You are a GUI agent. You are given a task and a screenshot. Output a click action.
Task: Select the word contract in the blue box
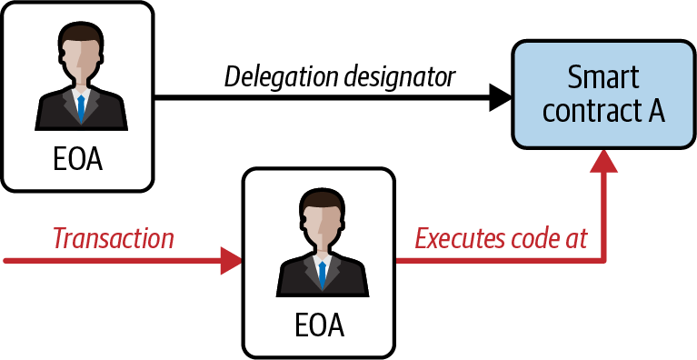(x=587, y=112)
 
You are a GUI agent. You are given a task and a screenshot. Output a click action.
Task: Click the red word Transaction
(x=114, y=239)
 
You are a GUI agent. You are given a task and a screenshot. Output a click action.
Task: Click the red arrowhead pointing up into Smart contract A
(x=603, y=162)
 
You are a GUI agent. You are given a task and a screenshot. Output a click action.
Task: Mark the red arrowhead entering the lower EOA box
(x=231, y=262)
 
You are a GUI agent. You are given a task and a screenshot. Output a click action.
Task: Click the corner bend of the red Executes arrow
(x=603, y=262)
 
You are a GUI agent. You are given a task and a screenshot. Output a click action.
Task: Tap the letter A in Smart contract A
(x=654, y=112)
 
